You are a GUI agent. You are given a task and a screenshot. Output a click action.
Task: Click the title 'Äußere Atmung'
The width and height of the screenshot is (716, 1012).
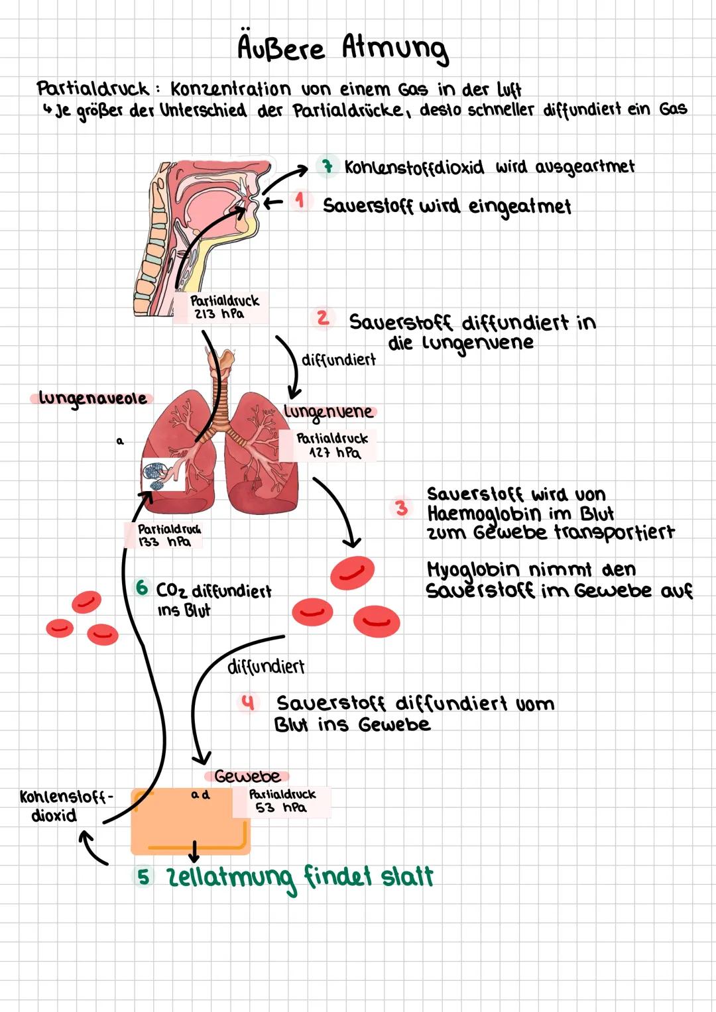(x=343, y=48)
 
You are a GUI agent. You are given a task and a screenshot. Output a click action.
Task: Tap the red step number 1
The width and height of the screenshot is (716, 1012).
(x=301, y=199)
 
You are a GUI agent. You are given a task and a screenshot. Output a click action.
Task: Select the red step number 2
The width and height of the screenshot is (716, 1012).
(x=322, y=318)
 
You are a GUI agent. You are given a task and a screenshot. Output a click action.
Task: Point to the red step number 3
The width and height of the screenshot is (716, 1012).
(x=402, y=508)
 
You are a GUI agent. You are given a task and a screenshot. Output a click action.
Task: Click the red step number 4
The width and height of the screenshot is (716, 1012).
(x=248, y=703)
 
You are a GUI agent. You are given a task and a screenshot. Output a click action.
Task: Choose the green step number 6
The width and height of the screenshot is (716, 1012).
(x=141, y=588)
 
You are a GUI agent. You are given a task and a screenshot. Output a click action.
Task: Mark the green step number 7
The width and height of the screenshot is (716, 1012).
(x=326, y=166)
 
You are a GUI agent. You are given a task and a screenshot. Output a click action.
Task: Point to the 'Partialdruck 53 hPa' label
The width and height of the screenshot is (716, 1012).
(x=282, y=801)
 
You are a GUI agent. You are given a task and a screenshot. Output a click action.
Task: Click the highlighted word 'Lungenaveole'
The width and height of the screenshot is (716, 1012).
(x=91, y=398)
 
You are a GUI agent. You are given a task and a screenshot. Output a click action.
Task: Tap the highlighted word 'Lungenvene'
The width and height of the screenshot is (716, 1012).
(x=329, y=412)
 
